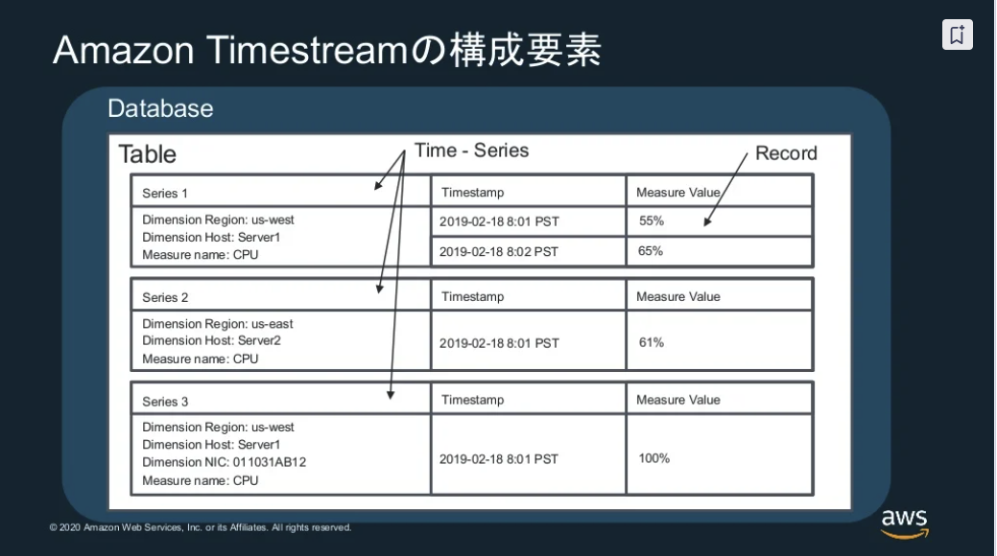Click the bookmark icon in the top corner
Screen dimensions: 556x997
coord(957,35)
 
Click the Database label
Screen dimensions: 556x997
coord(160,108)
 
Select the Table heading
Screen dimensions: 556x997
coord(147,154)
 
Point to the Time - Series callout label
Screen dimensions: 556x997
coord(471,151)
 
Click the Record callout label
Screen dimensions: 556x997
coord(786,153)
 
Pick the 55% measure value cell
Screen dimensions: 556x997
coord(652,221)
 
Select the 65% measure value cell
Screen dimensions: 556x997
coord(652,251)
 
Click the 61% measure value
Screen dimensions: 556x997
coord(652,342)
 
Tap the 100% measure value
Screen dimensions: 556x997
coord(654,458)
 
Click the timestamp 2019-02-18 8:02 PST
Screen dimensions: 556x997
coord(499,251)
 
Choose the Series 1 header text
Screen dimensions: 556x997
coord(165,194)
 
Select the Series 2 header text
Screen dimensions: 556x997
coord(165,297)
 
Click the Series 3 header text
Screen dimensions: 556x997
coord(165,402)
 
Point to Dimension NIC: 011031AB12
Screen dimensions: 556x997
coord(224,462)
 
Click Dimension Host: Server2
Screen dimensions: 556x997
coord(211,340)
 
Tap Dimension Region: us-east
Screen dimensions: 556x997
coord(218,324)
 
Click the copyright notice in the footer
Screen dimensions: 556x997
coord(201,527)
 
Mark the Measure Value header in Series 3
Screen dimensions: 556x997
coord(677,400)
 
